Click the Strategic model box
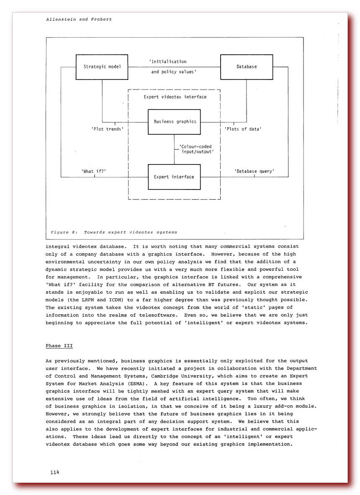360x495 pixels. (x=102, y=67)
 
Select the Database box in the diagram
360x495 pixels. (x=246, y=67)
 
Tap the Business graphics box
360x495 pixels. (x=175, y=122)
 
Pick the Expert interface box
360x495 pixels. (x=174, y=177)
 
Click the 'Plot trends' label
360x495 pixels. (x=108, y=129)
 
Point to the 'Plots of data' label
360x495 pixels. (x=243, y=129)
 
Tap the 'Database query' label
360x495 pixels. (x=254, y=171)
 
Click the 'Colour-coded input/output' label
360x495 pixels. (x=196, y=149)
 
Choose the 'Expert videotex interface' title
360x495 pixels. (x=175, y=97)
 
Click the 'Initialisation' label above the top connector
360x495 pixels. (x=168, y=62)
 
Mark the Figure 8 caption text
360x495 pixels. (x=114, y=232)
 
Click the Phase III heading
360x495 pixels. (x=59, y=346)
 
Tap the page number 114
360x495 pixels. (x=54, y=472)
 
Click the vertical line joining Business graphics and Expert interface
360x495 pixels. (x=175, y=149)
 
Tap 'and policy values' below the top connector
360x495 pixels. (x=174, y=72)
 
